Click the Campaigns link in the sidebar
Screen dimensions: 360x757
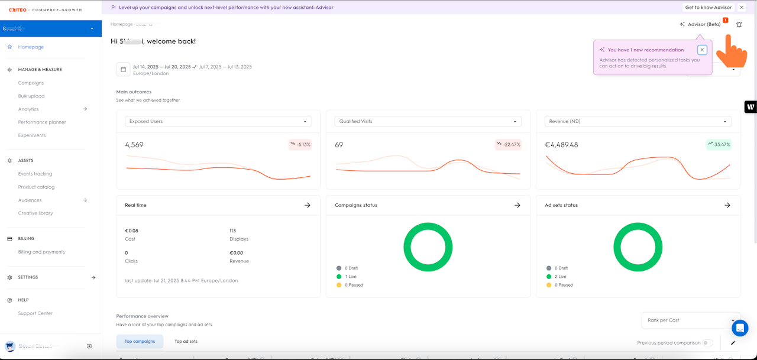31,83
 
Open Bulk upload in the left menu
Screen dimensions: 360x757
31,96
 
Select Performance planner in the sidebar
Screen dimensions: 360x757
42,122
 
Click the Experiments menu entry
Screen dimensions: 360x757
32,135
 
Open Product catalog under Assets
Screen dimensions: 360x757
36,187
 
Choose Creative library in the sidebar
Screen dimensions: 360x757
35,213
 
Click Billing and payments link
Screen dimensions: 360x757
41,252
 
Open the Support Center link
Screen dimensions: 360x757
35,313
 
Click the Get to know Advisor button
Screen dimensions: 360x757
708,8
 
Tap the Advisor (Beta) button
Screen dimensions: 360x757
700,24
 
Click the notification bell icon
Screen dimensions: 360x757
739,25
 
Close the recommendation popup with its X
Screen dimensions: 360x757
702,50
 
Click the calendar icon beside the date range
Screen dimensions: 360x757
124,70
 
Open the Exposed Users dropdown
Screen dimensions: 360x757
218,121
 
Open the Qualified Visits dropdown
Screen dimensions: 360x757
428,121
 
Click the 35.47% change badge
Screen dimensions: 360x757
719,144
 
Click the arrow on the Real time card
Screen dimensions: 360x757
307,205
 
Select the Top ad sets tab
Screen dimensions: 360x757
186,341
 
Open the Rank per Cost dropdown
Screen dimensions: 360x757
690,320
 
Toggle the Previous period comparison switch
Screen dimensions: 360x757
707,343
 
